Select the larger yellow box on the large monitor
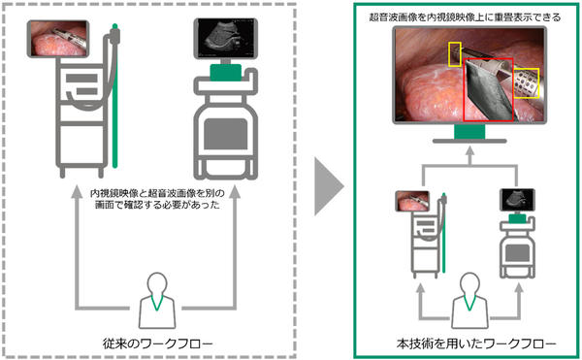click(526, 82)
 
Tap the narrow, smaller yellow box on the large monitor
click(454, 55)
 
